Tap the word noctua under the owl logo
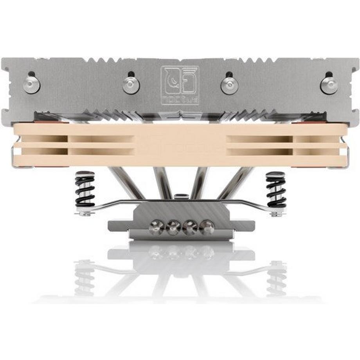(x=180, y=98)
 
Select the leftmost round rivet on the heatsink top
(x=31, y=85)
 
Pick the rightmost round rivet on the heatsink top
(x=329, y=84)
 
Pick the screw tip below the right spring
(x=275, y=214)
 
